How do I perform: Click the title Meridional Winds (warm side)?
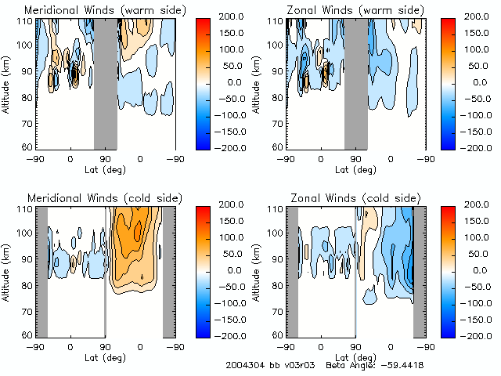point(95,9)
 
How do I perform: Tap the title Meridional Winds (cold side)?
point(93,197)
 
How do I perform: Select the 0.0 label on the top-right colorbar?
point(478,81)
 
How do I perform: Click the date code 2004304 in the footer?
point(244,365)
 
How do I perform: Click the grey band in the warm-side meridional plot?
point(105,82)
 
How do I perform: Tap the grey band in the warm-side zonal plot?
point(355,82)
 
